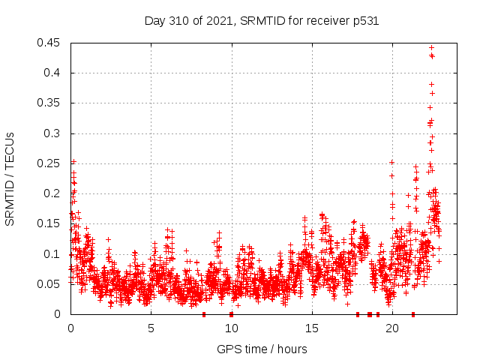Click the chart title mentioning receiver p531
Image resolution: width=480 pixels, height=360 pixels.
(261, 21)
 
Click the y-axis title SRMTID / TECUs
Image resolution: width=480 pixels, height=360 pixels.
(10, 178)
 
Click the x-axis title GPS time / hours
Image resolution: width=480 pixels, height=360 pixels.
(262, 349)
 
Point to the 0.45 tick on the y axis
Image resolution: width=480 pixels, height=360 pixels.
(50, 43)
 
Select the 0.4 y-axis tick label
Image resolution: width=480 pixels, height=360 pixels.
(53, 73)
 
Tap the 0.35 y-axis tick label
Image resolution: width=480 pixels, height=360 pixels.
(50, 103)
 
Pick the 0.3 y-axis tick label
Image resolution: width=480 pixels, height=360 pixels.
(53, 133)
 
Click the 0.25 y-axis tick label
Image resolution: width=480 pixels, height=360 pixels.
(50, 163)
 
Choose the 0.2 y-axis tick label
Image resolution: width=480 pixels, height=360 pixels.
(53, 193)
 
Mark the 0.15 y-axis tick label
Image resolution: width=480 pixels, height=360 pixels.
(50, 223)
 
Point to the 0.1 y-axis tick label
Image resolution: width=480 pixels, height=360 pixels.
(53, 254)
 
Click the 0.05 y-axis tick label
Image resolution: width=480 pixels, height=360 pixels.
(50, 284)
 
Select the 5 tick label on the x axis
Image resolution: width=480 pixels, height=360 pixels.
(151, 328)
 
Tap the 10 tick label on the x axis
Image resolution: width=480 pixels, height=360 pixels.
(231, 328)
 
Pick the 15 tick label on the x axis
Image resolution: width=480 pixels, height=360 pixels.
(311, 328)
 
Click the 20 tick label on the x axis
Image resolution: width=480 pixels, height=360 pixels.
(391, 328)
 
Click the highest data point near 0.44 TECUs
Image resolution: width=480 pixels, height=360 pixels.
(431, 48)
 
